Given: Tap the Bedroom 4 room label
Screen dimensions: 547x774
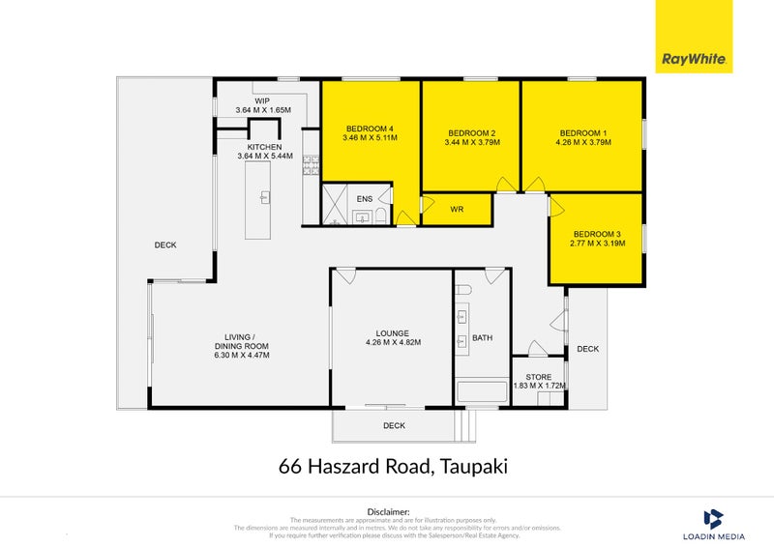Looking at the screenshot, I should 370,129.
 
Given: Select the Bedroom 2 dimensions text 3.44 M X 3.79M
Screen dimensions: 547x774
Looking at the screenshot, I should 472,143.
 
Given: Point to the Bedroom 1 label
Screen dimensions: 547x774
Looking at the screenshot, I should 582,132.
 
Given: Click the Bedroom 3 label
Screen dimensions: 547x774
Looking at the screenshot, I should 598,234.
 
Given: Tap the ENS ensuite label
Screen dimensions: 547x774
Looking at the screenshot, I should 364,199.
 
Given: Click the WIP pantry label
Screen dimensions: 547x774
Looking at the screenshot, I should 262,101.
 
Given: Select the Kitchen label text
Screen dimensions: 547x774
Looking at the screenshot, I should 264,147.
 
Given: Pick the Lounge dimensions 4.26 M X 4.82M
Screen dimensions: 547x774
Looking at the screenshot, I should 393,342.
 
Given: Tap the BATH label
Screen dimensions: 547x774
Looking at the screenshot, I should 482,337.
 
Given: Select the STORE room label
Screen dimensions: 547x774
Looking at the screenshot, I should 539,377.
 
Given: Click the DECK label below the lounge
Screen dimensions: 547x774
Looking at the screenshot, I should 394,425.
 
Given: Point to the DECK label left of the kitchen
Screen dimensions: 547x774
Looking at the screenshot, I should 165,245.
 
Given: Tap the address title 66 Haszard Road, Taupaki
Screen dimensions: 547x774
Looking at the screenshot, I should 392,468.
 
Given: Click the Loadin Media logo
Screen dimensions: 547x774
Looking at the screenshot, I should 713,524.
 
